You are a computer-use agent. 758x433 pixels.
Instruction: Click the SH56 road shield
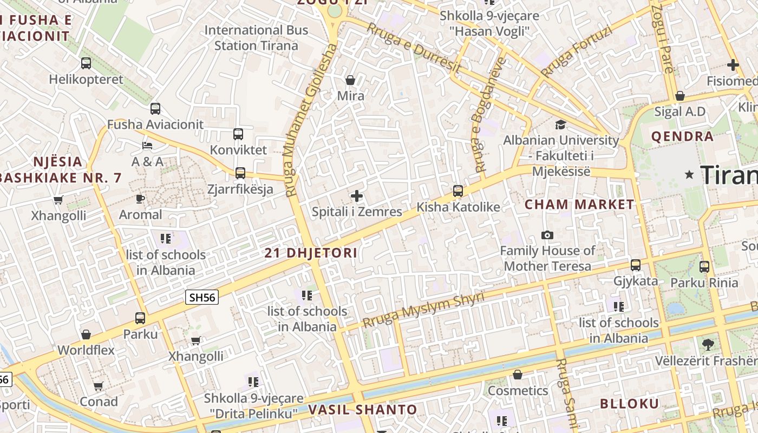[202, 297]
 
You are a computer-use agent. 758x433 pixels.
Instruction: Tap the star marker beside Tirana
[689, 174]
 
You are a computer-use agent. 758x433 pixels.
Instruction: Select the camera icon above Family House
[547, 235]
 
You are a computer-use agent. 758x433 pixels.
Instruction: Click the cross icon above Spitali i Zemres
[357, 196]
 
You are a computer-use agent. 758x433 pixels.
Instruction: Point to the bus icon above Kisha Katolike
[458, 191]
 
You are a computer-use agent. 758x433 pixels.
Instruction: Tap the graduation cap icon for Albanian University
[560, 124]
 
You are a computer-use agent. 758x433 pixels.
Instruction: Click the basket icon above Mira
[350, 80]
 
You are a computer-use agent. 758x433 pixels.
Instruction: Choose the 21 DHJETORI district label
[311, 253]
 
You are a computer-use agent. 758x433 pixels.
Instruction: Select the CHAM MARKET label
[579, 205]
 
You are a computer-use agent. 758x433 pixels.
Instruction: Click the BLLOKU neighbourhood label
[629, 404]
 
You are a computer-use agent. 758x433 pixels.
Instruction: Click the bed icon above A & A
[147, 146]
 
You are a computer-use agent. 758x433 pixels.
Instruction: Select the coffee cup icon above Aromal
[140, 199]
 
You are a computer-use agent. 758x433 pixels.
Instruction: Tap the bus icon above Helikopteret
[86, 63]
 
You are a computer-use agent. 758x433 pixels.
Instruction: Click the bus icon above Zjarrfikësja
[240, 173]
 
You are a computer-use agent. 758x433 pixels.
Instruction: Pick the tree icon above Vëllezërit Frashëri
[708, 344]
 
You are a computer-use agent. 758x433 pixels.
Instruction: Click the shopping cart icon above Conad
[98, 386]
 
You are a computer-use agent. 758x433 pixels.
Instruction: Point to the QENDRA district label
[682, 136]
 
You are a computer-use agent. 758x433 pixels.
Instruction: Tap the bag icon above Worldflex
[86, 334]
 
